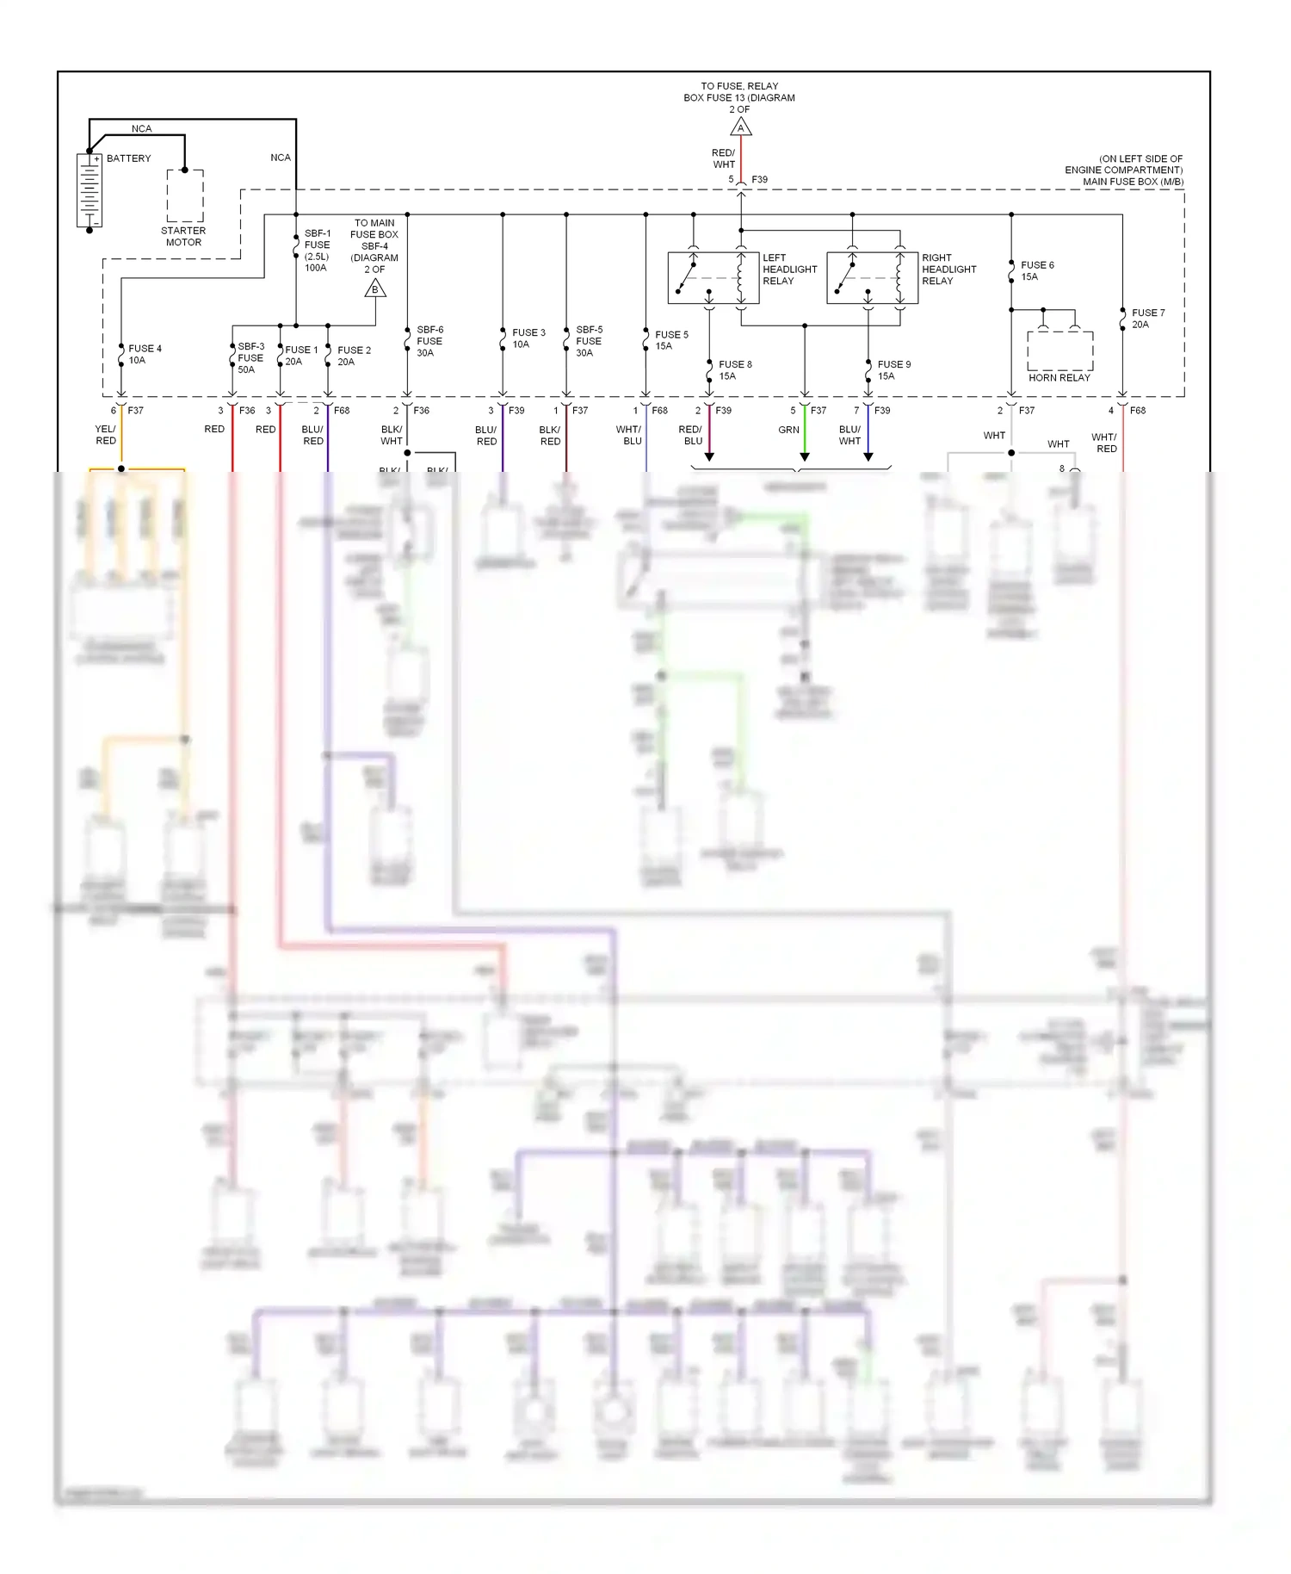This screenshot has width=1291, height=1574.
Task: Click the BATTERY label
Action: click(x=128, y=158)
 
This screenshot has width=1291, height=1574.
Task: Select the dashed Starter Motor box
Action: click(x=185, y=196)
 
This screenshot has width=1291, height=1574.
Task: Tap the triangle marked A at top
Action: click(x=741, y=128)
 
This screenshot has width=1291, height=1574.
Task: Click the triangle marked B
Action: click(x=374, y=289)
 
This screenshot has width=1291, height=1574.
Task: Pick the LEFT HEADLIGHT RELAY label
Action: click(x=789, y=270)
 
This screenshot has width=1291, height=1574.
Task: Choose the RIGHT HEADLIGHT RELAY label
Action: click(x=948, y=270)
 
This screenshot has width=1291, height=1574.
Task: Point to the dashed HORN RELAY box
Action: click(x=1059, y=352)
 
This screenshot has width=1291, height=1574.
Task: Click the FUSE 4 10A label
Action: click(x=145, y=354)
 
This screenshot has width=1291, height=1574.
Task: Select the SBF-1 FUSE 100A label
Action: click(x=317, y=251)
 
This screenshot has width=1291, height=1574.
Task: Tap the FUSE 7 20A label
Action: click(x=1148, y=319)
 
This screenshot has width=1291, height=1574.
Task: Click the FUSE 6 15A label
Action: click(x=1037, y=270)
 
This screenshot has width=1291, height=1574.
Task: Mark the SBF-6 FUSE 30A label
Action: click(x=429, y=341)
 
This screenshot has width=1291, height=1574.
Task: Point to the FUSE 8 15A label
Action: click(x=735, y=369)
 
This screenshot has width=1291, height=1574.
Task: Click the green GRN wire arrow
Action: click(x=805, y=455)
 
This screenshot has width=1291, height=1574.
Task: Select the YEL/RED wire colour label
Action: click(x=105, y=435)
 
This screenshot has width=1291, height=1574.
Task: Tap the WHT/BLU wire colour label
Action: click(x=628, y=435)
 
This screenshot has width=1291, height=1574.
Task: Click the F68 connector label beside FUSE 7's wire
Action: click(x=1137, y=411)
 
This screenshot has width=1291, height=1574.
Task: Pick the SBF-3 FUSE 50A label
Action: click(x=250, y=358)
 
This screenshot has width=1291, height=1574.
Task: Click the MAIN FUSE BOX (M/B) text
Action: click(x=1133, y=182)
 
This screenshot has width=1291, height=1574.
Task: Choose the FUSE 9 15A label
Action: click(x=893, y=369)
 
